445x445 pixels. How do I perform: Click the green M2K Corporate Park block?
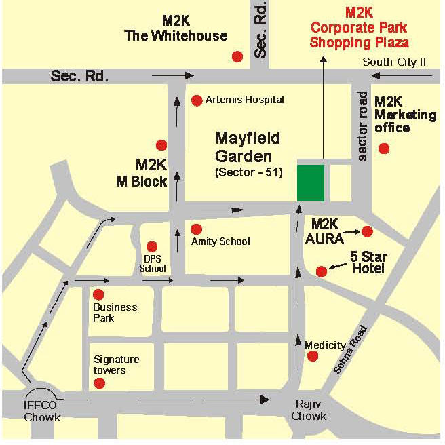311,182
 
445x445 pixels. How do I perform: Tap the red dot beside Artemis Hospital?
197,100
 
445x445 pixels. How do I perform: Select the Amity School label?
220,241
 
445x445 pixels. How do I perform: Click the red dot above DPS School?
152,246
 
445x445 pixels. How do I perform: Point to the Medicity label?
325,345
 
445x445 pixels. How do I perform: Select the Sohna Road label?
350,350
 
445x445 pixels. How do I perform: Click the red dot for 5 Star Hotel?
322,271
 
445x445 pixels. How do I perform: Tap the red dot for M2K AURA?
367,231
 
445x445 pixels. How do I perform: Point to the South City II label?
394,62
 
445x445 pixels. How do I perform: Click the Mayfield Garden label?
248,146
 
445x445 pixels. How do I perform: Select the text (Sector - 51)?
248,172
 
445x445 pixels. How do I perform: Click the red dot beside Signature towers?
100,383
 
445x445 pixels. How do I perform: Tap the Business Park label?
115,312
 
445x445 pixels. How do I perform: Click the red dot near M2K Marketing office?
384,149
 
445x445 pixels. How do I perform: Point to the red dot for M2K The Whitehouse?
237,56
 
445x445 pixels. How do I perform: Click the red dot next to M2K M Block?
161,144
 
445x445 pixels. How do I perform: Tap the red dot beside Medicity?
312,357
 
